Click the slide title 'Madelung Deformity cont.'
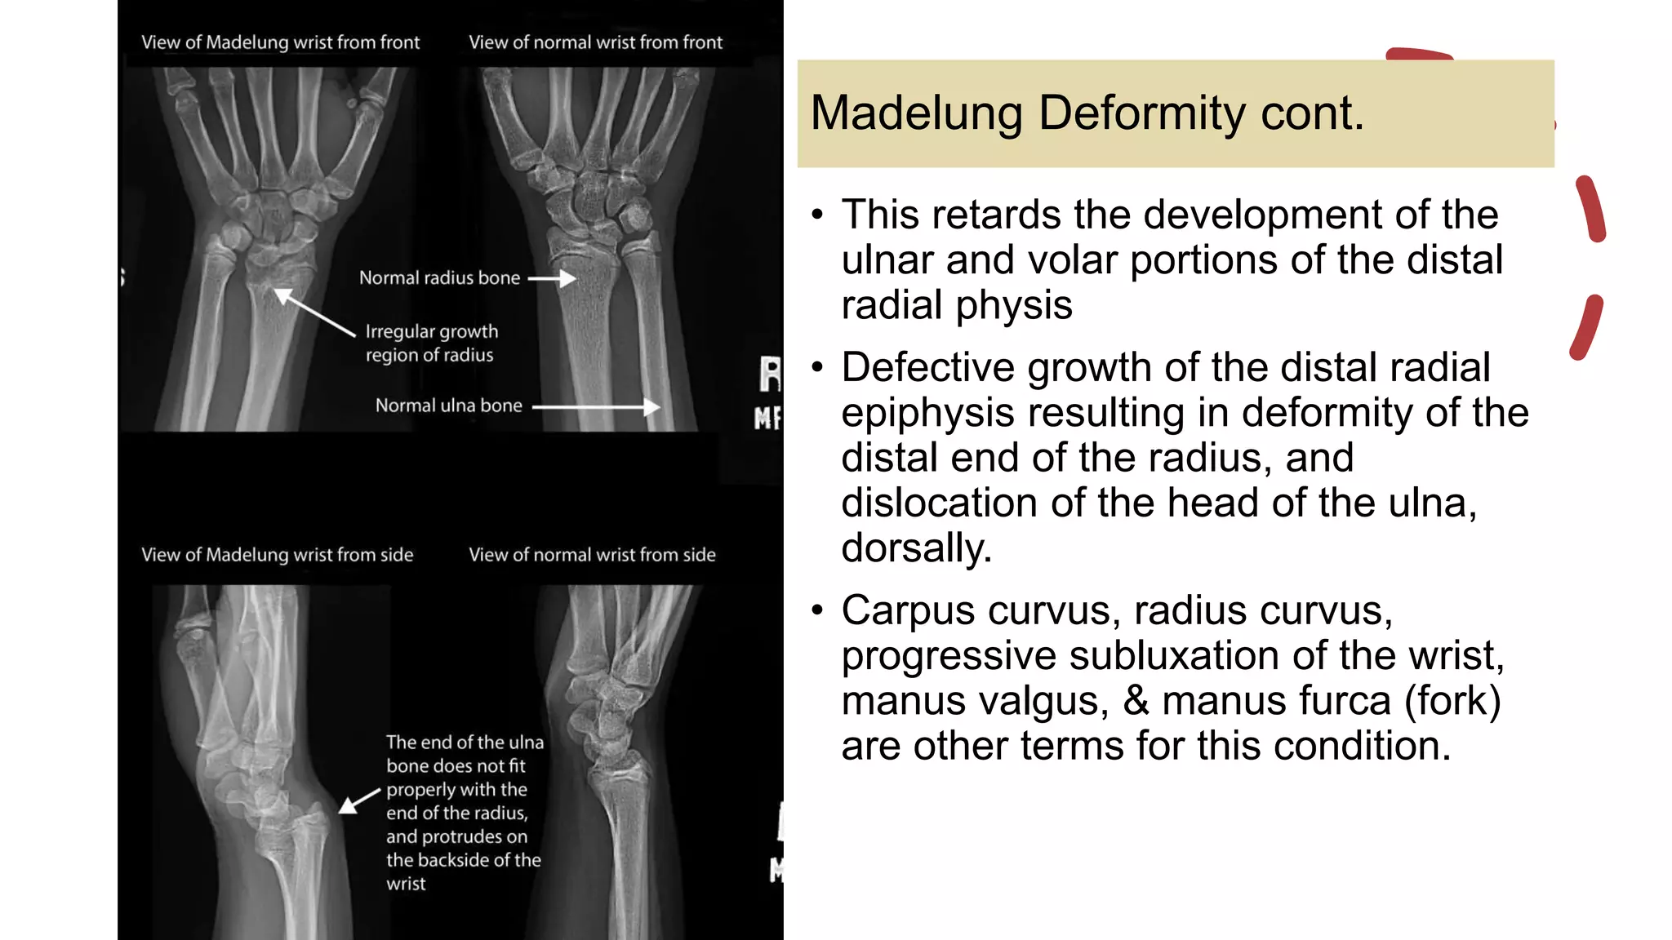(1087, 113)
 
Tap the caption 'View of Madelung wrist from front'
(280, 42)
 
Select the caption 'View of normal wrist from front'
(595, 42)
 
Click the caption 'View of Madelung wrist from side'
(277, 555)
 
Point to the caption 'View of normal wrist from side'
(592, 555)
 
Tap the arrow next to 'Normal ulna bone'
(596, 406)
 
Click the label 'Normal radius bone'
(439, 278)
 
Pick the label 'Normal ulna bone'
(448, 406)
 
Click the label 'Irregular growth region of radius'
(430, 343)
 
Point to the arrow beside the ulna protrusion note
(359, 800)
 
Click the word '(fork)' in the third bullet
(1452, 701)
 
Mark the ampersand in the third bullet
(1136, 701)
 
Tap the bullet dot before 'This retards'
(818, 215)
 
